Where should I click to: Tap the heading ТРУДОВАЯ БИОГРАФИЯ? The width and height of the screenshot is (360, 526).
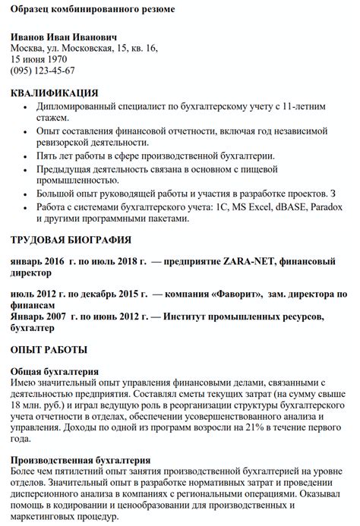[71, 241]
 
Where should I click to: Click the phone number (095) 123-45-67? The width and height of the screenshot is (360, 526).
[43, 71]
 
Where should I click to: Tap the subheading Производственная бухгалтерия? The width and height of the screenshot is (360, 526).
[81, 460]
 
